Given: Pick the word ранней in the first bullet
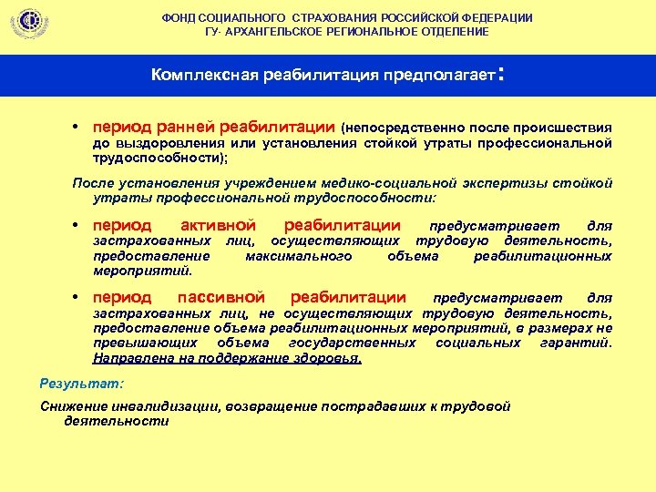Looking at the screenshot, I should tap(188, 127).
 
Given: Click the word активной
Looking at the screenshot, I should tap(217, 226).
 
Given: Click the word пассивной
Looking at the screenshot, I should tap(221, 297).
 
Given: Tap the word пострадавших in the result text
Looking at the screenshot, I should tap(373, 406).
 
